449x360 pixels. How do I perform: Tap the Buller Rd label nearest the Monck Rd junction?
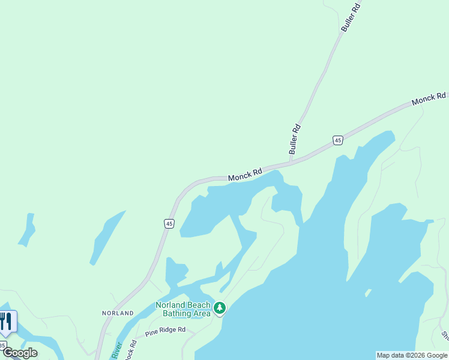294,139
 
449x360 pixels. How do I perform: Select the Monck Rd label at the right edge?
429,99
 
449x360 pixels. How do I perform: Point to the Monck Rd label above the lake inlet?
245,175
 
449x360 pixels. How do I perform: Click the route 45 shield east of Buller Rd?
338,140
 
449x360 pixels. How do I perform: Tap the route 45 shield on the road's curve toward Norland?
169,224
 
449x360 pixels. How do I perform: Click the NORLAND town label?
118,313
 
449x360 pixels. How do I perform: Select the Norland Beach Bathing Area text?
183,309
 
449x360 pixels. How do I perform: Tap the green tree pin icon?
220,308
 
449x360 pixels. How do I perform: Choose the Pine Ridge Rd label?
165,330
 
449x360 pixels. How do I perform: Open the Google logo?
20,353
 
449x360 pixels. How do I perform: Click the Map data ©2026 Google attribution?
412,355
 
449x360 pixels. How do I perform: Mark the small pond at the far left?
27,230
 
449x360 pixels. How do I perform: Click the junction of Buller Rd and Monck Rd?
290,162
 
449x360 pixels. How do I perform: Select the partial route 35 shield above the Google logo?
3,345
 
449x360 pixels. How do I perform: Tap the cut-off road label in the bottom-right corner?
445,336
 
